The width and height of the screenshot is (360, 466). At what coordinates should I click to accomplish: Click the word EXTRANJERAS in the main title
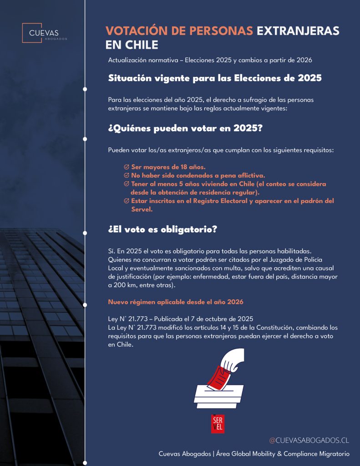(x=298, y=30)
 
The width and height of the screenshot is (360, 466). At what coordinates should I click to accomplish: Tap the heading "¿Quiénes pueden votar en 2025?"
(x=185, y=128)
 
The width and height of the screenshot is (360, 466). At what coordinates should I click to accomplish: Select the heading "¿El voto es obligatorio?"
(x=162, y=229)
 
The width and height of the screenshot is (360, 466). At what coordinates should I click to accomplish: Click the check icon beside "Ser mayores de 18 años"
(x=127, y=167)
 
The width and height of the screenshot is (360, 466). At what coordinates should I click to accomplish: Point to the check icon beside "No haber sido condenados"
(x=127, y=175)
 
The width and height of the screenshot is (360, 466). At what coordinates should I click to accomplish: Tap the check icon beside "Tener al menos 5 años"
(x=127, y=184)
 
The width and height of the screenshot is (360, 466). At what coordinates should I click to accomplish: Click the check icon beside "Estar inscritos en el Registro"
(x=127, y=201)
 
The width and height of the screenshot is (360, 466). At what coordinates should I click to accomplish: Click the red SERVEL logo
(x=218, y=424)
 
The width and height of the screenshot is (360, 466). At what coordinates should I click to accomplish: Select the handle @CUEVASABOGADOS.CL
(x=309, y=440)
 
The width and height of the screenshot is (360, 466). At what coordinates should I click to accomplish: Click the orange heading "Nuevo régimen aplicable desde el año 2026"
(x=176, y=302)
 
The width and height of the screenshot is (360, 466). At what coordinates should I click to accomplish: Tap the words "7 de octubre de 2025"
(x=217, y=319)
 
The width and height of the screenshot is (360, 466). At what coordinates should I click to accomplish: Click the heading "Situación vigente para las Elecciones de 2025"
(x=215, y=78)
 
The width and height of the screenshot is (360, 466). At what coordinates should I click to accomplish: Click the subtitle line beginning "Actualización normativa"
(x=210, y=61)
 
